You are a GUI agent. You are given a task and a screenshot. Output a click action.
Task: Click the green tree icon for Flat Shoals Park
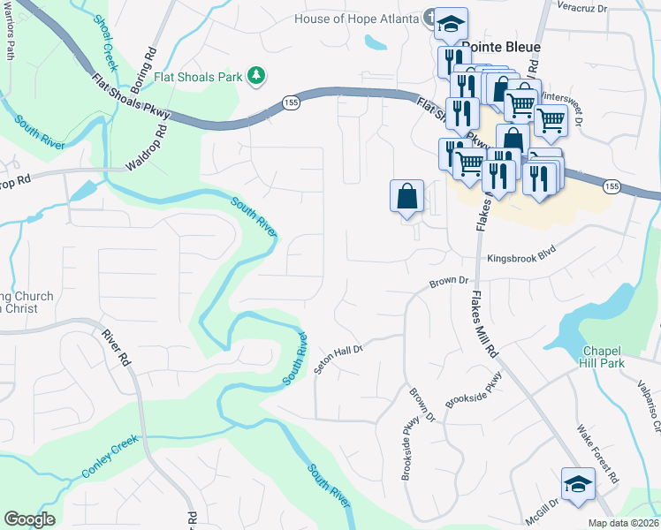tap(256, 76)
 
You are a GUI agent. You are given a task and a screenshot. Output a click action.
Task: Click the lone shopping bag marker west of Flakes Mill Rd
tap(407, 196)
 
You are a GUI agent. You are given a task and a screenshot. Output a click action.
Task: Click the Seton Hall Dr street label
tap(338, 360)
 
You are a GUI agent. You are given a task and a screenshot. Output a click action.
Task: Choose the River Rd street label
tap(116, 348)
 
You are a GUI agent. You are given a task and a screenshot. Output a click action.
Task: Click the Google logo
tap(29, 519)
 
